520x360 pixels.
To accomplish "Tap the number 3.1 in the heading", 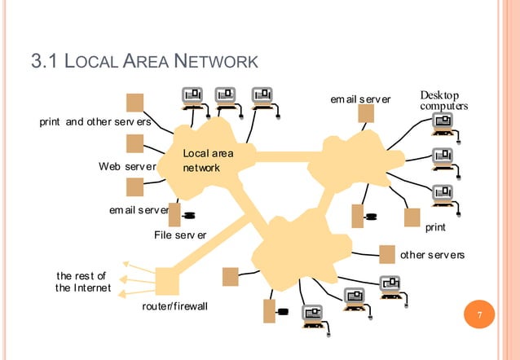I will tap(44, 60).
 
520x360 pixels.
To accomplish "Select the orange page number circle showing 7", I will tap(480, 315).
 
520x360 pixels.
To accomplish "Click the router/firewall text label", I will tap(175, 306).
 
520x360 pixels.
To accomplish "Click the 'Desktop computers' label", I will tap(443, 101).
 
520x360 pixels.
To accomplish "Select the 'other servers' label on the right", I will tap(432, 255).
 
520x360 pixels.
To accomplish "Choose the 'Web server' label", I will tap(128, 167).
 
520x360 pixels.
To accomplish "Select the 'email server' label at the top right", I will tap(360, 99).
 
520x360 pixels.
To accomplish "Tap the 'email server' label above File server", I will tap(139, 210).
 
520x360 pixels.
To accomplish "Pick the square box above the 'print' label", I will tap(412, 217).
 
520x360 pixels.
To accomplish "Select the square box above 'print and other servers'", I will tap(135, 103).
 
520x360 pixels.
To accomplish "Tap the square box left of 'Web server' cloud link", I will tap(135, 143).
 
